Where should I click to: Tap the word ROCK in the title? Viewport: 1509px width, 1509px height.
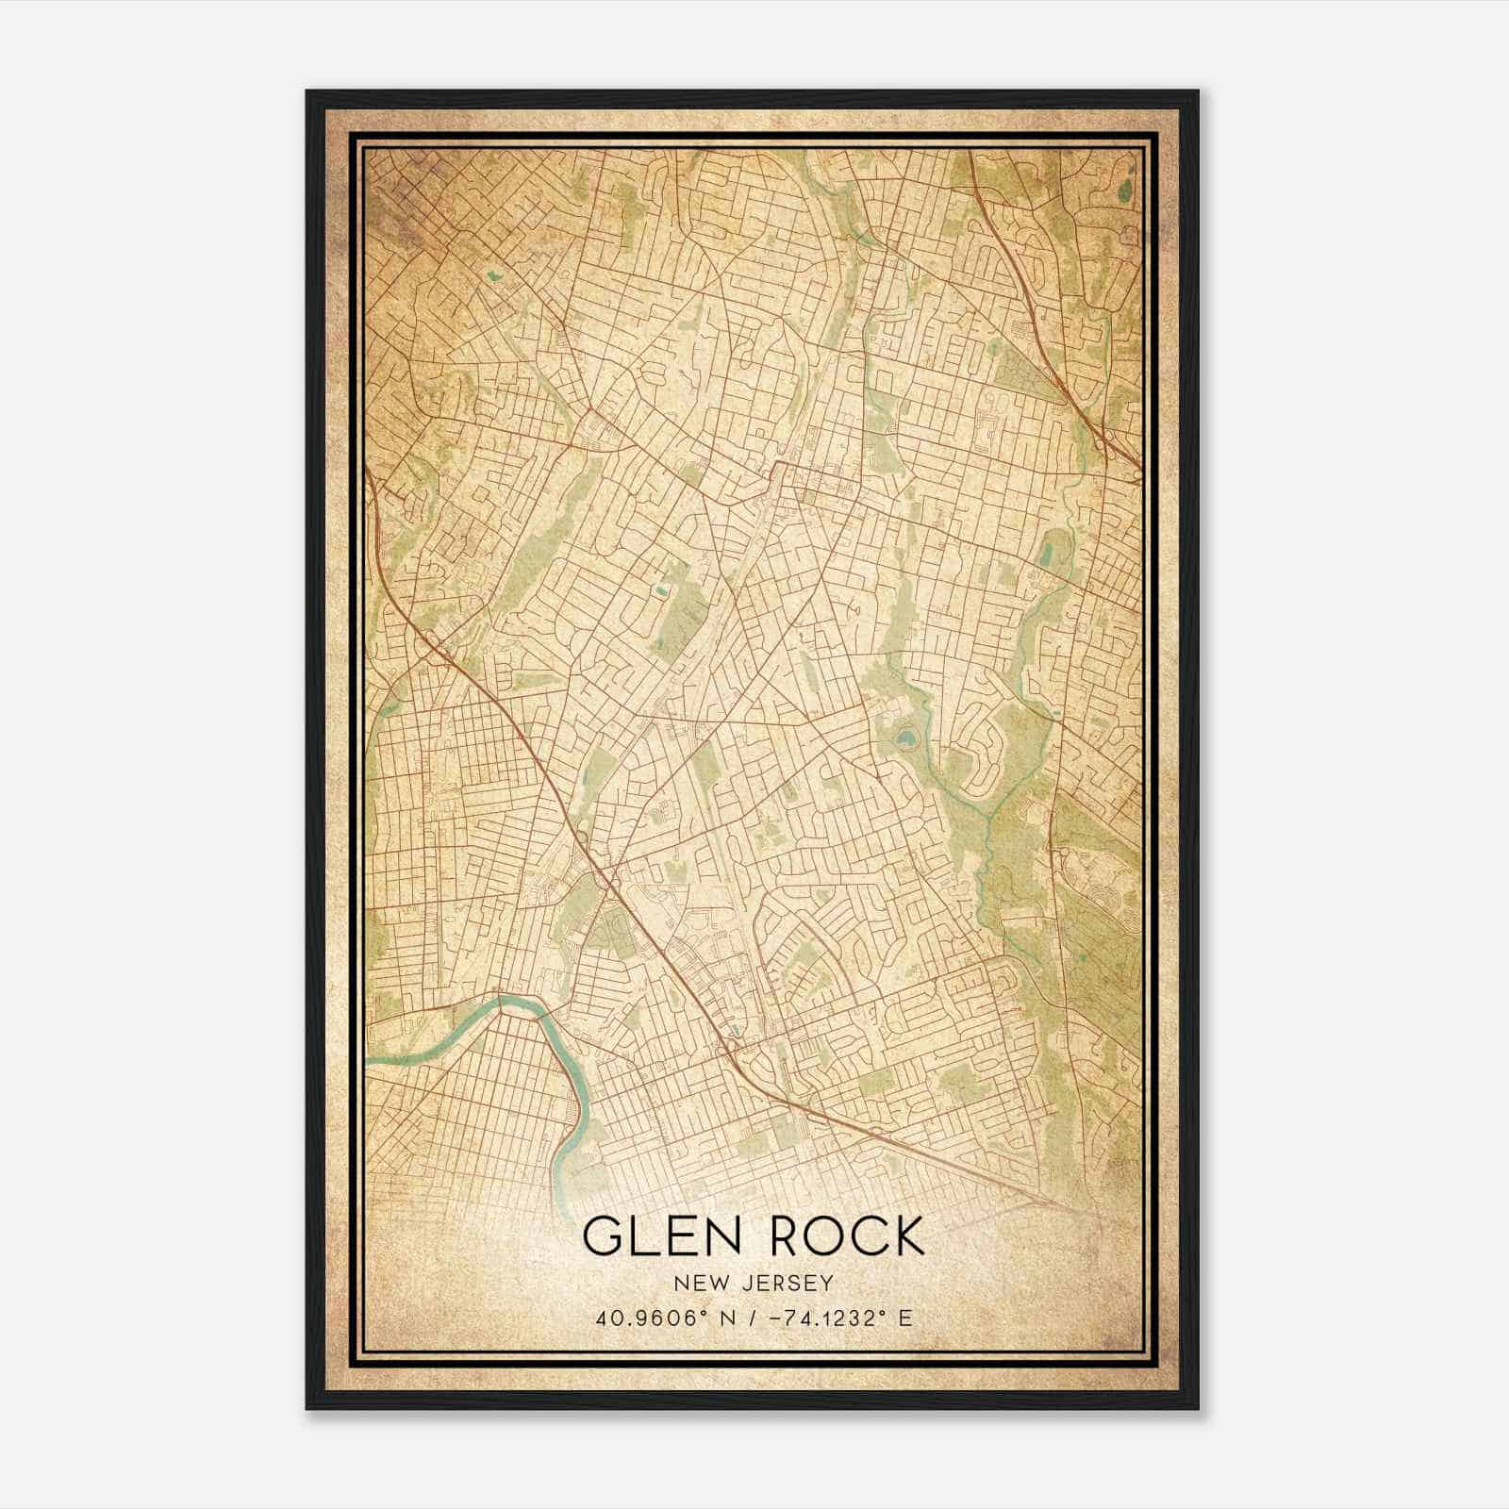click(x=846, y=1236)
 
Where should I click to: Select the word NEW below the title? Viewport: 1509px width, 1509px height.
click(x=698, y=1283)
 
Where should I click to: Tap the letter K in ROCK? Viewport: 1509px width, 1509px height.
click(x=905, y=1236)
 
